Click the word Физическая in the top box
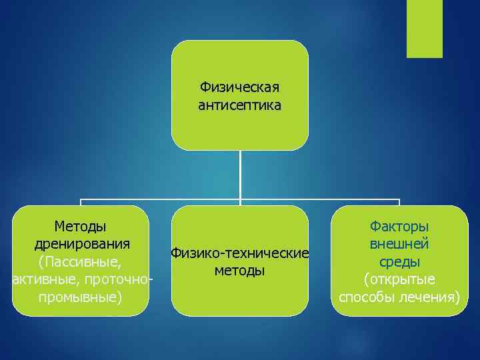point(240,87)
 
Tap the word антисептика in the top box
point(240,105)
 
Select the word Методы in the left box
point(80,226)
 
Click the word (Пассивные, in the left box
point(80,261)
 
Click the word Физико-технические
point(240,253)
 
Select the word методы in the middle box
point(240,271)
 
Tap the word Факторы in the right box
point(399,226)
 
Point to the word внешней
point(399,243)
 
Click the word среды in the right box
point(399,261)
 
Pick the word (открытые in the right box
point(399,278)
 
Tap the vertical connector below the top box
point(240,173)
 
